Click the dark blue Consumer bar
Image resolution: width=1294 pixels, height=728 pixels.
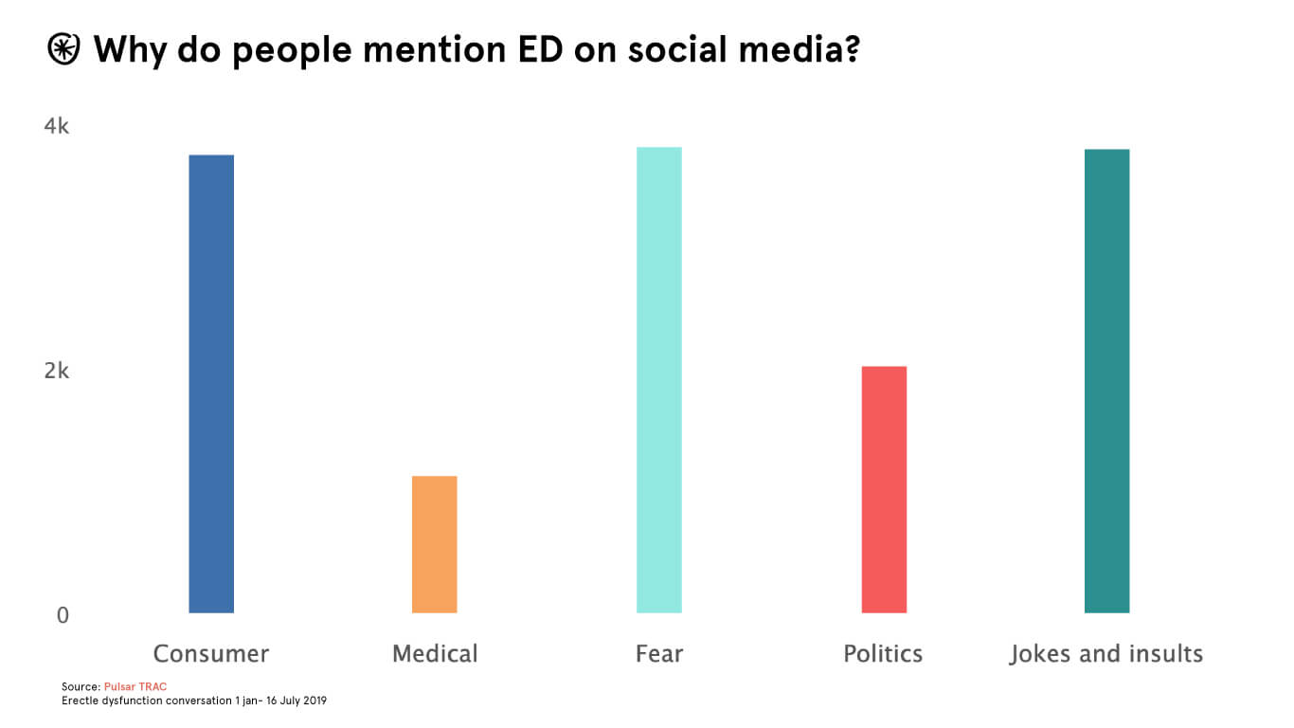point(211,384)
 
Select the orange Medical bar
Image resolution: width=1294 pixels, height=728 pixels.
point(434,544)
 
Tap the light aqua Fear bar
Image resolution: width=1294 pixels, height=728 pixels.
point(658,380)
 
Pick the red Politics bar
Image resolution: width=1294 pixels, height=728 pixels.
point(884,489)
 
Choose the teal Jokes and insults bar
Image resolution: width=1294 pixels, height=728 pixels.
point(1106,381)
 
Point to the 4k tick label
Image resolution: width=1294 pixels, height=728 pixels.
point(57,127)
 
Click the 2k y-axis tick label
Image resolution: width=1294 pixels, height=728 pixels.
point(57,371)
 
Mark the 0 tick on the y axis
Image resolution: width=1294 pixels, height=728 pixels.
point(63,615)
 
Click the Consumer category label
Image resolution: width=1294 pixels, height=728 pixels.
point(211,654)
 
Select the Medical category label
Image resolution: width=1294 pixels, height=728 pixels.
point(435,654)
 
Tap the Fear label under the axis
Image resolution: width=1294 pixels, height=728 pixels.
point(659,654)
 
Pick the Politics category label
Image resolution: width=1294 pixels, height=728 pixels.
point(883,654)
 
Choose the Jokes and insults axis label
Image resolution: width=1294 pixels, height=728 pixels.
point(1106,654)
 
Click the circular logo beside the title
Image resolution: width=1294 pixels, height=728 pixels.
point(64,49)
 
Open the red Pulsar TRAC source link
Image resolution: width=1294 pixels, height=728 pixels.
point(135,686)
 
